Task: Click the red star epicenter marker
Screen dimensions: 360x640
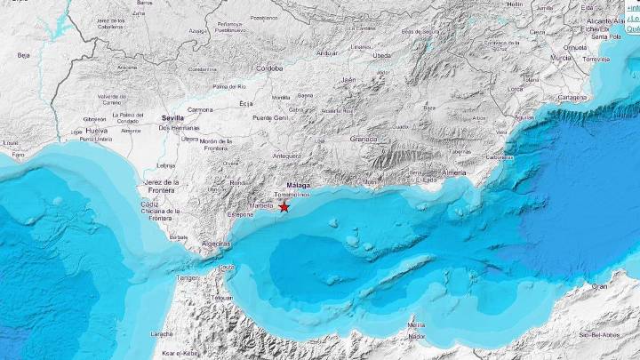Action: (x=284, y=206)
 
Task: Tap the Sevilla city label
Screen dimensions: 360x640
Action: (x=173, y=117)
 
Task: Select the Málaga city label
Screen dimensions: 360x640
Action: (x=299, y=185)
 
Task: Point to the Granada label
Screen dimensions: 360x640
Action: (x=364, y=139)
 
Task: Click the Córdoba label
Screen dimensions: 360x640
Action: (x=268, y=68)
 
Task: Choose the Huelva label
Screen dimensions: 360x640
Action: (x=96, y=130)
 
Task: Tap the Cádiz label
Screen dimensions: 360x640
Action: (x=149, y=204)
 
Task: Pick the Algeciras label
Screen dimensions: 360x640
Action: (x=217, y=243)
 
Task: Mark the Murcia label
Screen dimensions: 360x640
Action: (x=561, y=57)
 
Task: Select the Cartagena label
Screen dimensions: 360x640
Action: (x=572, y=97)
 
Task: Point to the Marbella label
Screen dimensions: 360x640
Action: (x=262, y=205)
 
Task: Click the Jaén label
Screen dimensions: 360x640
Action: (x=348, y=79)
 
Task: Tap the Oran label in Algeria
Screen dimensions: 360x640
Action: (x=601, y=286)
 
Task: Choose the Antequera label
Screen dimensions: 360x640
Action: (x=286, y=156)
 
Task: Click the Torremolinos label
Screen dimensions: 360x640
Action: (x=292, y=194)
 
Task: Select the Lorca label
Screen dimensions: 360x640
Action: (x=515, y=89)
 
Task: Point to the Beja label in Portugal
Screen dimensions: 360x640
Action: (x=23, y=55)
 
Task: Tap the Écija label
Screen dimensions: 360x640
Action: (x=246, y=104)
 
